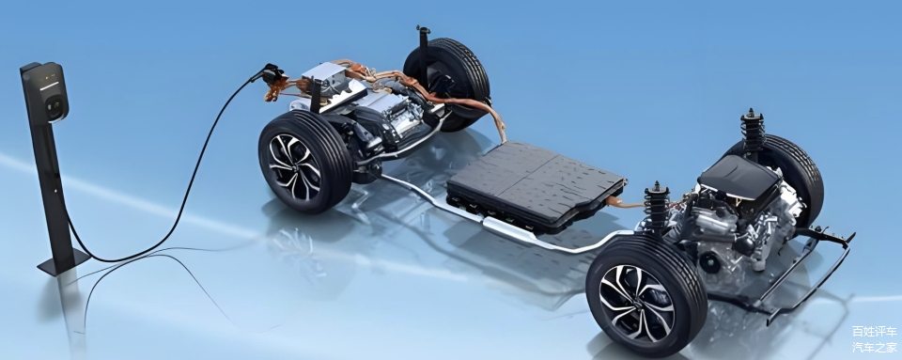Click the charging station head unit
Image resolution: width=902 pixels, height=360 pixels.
[x=48, y=92]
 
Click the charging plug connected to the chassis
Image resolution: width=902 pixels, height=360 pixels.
[x=270, y=74]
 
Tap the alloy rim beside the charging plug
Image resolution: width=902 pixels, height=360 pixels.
[x=293, y=166]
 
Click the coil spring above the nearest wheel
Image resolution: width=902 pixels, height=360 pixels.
[x=657, y=208]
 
